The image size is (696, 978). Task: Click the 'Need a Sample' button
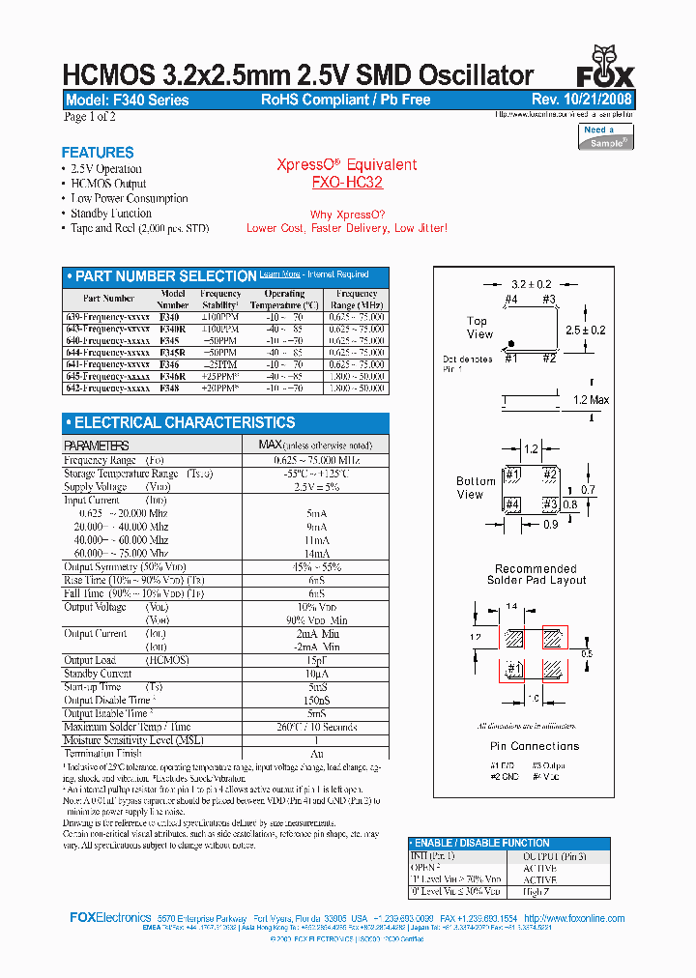pyautogui.click(x=606, y=136)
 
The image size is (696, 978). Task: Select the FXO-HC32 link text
pyautogui.click(x=347, y=182)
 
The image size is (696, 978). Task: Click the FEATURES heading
pyautogui.click(x=98, y=153)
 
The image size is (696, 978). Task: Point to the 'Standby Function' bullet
pyautogui.click(x=111, y=214)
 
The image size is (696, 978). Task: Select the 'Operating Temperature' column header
pyautogui.click(x=284, y=299)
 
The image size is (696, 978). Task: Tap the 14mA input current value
pyautogui.click(x=316, y=553)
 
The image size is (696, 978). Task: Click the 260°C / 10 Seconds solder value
pyautogui.click(x=316, y=727)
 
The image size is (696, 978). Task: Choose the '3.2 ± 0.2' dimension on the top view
pyautogui.click(x=531, y=284)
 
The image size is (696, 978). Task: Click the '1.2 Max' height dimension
pyautogui.click(x=592, y=400)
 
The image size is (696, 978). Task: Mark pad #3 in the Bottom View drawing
pyautogui.click(x=549, y=504)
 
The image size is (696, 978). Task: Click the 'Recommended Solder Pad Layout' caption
pyautogui.click(x=536, y=575)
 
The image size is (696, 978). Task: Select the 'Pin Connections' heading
pyautogui.click(x=535, y=746)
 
